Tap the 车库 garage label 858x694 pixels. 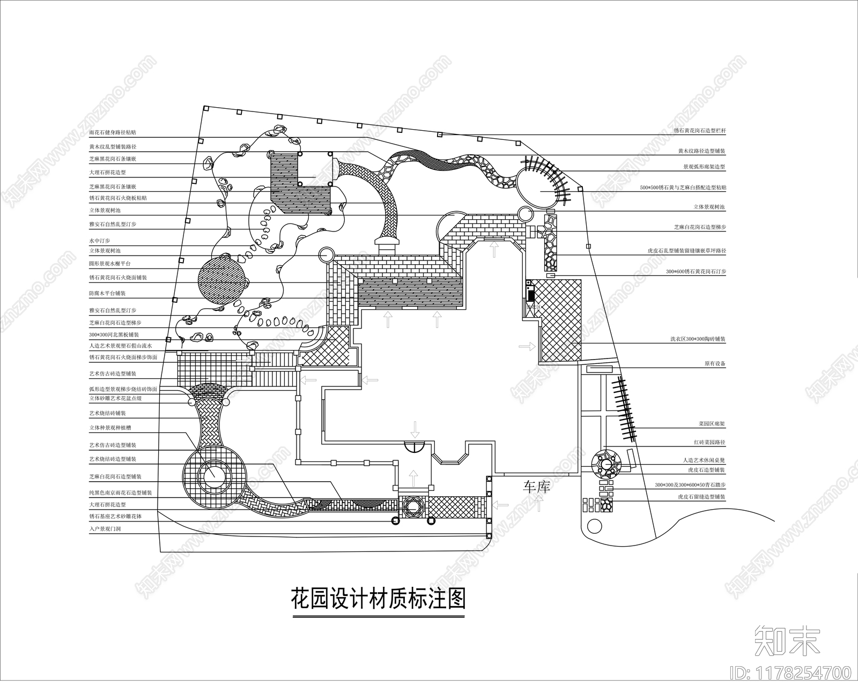click(537, 487)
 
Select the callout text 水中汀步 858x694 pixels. click(99, 241)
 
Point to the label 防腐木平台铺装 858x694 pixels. click(107, 294)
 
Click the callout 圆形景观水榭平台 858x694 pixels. click(109, 264)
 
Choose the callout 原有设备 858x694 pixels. click(715, 363)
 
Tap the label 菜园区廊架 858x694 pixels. click(712, 423)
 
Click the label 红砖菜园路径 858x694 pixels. click(709, 443)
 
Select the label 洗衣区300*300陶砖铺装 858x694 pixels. click(698, 339)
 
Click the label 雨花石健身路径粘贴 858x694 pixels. click(112, 132)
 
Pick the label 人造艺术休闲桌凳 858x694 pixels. click(704, 460)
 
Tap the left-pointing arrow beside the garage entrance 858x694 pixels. click(501, 504)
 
